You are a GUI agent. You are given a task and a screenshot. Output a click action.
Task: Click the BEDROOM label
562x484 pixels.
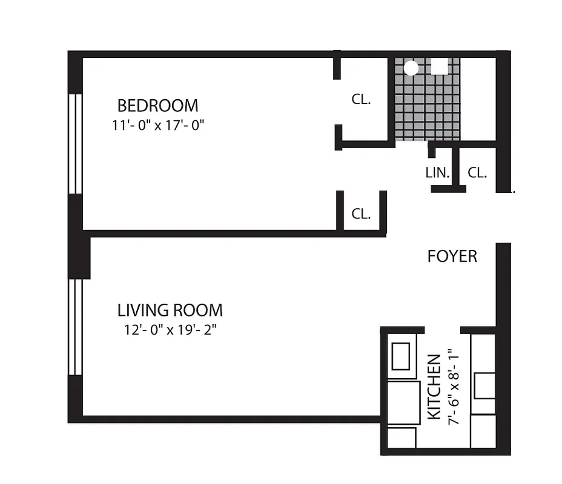point(157,105)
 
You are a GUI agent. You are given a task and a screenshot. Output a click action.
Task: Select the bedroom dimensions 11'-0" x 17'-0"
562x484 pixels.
point(157,125)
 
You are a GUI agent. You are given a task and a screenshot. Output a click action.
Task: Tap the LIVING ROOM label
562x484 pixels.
point(170,310)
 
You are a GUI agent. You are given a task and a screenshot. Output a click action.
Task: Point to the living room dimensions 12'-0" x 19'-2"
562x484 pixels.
point(170,330)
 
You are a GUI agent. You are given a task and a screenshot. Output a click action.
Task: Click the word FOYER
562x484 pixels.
point(452,257)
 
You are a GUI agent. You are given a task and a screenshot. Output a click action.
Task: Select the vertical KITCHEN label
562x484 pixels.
point(434,387)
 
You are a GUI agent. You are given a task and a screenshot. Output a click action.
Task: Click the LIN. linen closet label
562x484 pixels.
point(437,172)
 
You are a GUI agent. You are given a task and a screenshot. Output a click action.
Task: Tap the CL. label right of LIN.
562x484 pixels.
point(477,172)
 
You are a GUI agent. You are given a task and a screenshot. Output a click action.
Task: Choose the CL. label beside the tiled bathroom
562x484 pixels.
point(361,100)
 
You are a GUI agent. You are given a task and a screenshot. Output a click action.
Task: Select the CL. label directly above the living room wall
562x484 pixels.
point(361,214)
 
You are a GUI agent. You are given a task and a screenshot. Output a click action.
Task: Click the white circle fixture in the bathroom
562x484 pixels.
point(411,67)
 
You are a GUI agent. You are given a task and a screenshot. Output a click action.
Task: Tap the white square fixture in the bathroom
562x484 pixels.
point(440,66)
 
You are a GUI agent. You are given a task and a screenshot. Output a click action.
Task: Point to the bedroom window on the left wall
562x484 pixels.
point(74,144)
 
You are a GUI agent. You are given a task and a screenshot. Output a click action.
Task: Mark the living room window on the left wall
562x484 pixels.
point(74,327)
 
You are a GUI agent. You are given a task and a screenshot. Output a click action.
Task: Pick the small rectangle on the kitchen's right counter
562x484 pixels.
point(484,385)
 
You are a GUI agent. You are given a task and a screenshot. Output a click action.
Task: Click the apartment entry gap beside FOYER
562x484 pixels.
point(503,218)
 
